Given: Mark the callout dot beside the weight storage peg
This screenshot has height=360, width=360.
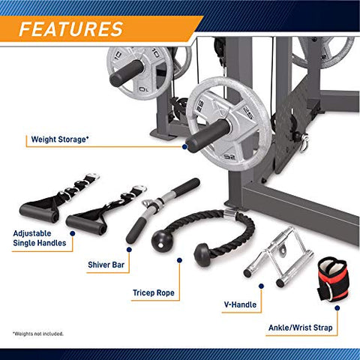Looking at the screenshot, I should pyautogui.click(x=184, y=146).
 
